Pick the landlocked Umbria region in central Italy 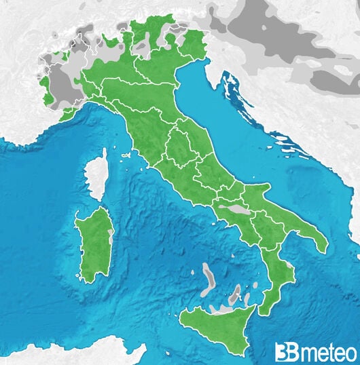[x=178, y=147]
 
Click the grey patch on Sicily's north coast [x=221, y=309]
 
